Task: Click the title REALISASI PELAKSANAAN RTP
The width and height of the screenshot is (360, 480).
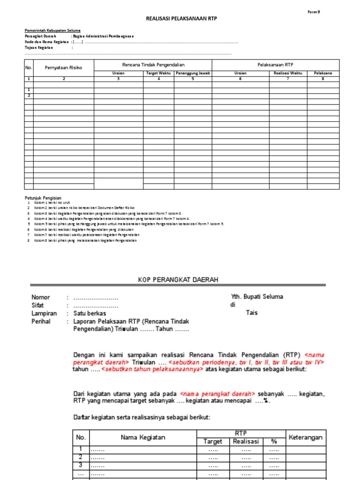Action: click(182, 19)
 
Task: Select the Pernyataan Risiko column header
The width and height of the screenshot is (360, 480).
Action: click(63, 67)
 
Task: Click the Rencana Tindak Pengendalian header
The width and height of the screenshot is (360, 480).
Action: click(153, 64)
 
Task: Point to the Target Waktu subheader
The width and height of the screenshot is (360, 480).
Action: click(158, 73)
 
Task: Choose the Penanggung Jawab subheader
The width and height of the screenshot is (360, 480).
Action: click(193, 73)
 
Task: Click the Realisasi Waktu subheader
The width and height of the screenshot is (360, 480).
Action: click(288, 73)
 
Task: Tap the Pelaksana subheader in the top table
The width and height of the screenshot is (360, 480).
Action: click(323, 73)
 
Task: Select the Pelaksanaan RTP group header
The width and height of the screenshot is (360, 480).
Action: click(275, 64)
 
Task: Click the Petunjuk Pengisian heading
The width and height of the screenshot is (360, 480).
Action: click(43, 198)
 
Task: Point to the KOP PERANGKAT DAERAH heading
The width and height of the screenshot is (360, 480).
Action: click(178, 279)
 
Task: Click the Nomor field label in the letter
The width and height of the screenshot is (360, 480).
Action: click(41, 297)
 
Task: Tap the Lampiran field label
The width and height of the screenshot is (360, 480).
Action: click(44, 313)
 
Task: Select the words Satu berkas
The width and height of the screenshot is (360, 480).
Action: click(90, 313)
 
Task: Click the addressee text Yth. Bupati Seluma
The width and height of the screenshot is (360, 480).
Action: click(257, 297)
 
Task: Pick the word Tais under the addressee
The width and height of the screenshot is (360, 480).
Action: click(252, 313)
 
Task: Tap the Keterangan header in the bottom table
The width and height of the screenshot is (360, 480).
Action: click(306, 437)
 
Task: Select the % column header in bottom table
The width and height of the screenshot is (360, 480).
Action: click(274, 442)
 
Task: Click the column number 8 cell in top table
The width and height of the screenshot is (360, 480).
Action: click(323, 79)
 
